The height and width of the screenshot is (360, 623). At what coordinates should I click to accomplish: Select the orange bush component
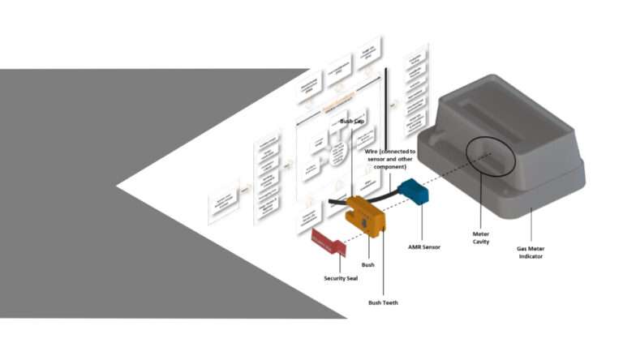363,214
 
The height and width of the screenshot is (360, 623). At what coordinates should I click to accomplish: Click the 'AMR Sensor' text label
423,246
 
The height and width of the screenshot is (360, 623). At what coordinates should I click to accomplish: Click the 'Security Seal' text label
341,278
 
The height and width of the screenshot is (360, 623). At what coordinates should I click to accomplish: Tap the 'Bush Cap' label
351,122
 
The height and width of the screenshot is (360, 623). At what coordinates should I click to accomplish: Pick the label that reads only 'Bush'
367,264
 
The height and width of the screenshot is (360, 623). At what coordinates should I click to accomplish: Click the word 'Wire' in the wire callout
372,152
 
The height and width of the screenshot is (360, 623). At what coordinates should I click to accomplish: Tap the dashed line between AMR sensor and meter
451,177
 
